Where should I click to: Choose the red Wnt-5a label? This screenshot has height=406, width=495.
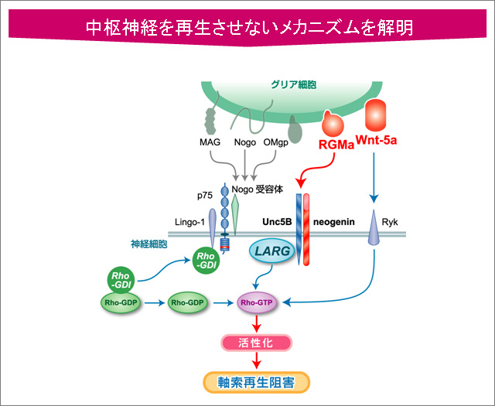377,142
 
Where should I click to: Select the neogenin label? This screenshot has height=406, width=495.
333,221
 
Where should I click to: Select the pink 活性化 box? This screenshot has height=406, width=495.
257,342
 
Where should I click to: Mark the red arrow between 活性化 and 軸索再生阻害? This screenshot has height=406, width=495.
257,360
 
